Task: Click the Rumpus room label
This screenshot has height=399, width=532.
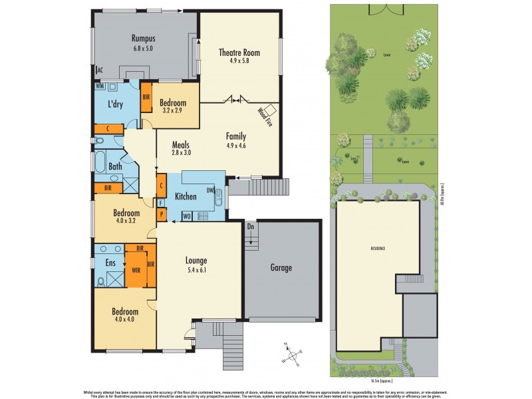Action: tap(143, 39)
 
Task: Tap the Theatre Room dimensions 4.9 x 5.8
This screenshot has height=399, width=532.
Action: tap(239, 61)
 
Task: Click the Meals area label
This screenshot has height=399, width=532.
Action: tap(181, 144)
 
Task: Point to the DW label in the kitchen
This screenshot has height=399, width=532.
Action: tap(210, 191)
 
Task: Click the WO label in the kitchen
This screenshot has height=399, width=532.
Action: tap(187, 216)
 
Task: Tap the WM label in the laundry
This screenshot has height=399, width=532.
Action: tap(99, 86)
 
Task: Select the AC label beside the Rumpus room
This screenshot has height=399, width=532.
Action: tap(100, 70)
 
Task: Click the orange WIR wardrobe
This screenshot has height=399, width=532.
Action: tap(136, 271)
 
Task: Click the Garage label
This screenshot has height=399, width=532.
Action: tap(281, 268)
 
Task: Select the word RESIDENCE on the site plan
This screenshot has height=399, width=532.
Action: tap(378, 248)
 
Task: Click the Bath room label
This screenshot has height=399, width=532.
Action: tap(115, 166)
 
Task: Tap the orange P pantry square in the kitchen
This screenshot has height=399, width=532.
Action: tap(161, 215)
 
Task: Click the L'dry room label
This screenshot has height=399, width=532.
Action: tap(118, 104)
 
